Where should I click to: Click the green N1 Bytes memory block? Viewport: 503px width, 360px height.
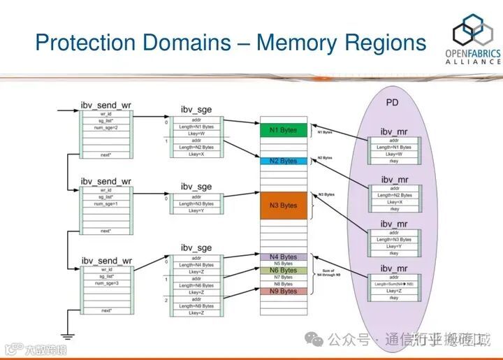pyautogui.click(x=284, y=130)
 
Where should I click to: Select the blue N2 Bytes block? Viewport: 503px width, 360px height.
pyautogui.click(x=284, y=161)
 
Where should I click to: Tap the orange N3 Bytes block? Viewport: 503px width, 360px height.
pyautogui.click(x=284, y=206)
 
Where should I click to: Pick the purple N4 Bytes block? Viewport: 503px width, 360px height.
pyautogui.click(x=284, y=257)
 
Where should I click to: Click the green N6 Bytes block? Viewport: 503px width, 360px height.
pyautogui.click(x=284, y=271)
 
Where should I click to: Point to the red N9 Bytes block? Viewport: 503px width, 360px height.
pyautogui.click(x=284, y=291)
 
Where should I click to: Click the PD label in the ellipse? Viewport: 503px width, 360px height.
pyautogui.click(x=392, y=103)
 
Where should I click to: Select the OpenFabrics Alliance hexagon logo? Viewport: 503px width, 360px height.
pyautogui.click(x=472, y=31)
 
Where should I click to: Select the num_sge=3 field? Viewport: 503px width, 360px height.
pyautogui.click(x=105, y=283)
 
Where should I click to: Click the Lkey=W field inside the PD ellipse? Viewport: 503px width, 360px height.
pyautogui.click(x=395, y=154)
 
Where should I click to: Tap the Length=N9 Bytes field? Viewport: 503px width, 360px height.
pyautogui.click(x=196, y=306)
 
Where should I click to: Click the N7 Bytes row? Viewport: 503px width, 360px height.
pyautogui.click(x=284, y=278)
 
